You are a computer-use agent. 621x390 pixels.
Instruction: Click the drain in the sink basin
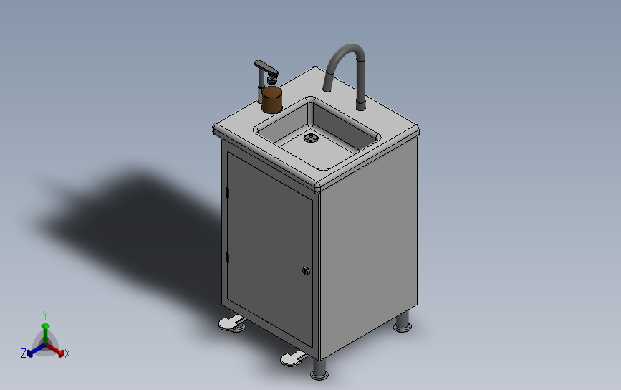(x=311, y=138)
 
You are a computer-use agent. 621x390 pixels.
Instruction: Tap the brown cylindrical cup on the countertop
(x=272, y=100)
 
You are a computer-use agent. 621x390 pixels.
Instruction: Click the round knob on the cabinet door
(x=306, y=271)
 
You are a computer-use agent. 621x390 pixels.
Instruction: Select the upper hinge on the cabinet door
(x=227, y=193)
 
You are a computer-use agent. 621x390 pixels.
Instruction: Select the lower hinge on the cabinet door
(x=227, y=257)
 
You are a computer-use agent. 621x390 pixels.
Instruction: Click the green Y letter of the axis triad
(x=45, y=315)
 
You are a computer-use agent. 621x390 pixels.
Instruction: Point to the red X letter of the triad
(x=67, y=353)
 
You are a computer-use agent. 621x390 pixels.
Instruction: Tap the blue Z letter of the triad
(x=24, y=353)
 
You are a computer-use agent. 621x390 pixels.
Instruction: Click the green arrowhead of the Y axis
(x=46, y=326)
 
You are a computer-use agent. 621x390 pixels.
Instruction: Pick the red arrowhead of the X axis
(x=61, y=353)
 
